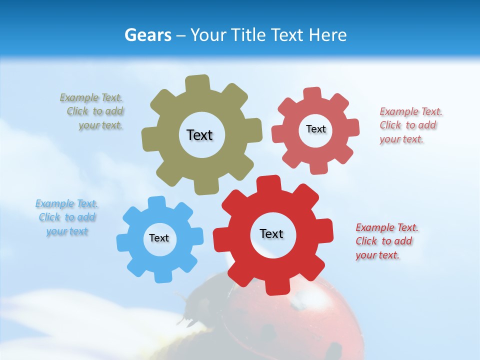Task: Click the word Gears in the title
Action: (147, 35)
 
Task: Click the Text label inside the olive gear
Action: (199, 135)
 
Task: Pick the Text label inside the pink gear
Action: (315, 129)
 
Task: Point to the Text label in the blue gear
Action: (159, 238)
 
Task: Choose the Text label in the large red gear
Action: (271, 233)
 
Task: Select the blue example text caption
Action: (66, 217)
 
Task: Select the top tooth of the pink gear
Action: (312, 94)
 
